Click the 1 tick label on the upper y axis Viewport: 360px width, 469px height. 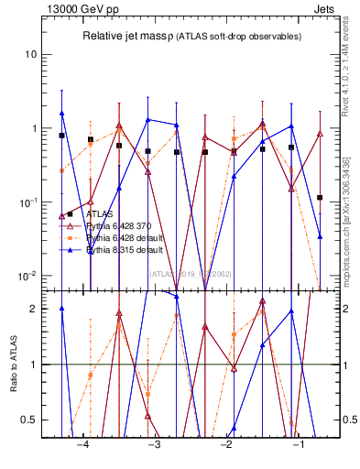[x=37, y=128]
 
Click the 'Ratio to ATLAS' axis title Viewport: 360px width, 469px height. [x=13, y=364]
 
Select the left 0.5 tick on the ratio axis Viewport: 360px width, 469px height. [x=32, y=420]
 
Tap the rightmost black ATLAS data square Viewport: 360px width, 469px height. [x=320, y=197]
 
